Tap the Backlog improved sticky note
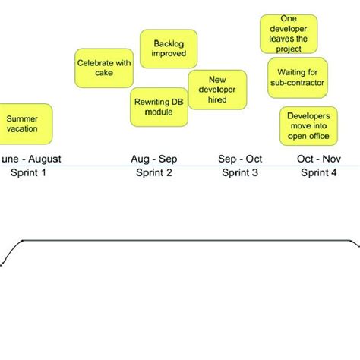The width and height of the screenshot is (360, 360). tap(169, 49)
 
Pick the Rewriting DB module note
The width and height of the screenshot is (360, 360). tap(159, 106)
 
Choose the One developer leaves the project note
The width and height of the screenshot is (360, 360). tap(289, 34)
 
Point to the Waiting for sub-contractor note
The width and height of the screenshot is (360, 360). tap(297, 77)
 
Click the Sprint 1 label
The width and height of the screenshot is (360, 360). tap(28, 173)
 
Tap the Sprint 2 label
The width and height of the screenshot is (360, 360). tap(153, 173)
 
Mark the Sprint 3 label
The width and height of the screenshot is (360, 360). tap(240, 173)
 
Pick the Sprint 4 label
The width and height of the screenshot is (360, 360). tap(319, 173)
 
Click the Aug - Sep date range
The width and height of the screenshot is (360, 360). tap(153, 159)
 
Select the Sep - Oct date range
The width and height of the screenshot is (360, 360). tap(240, 159)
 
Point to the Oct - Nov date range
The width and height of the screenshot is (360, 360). tap(319, 159)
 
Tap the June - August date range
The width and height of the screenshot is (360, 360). tap(30, 159)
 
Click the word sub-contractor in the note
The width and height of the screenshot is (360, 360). tap(297, 82)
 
